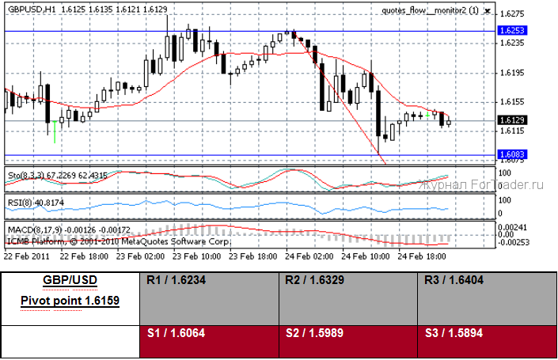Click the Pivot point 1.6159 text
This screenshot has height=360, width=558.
coord(70,301)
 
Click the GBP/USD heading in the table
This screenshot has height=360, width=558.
coord(70,282)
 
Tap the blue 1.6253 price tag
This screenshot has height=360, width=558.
coord(510,29)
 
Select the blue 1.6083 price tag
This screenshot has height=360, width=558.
coord(510,154)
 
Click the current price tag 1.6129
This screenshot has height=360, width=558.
coord(510,119)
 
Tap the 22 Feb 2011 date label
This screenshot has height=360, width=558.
coord(26,257)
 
